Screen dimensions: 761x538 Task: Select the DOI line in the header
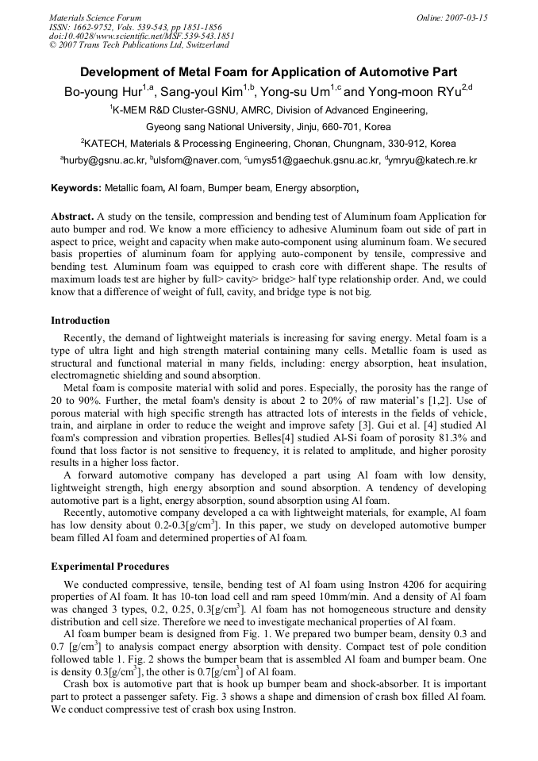[x=142, y=36]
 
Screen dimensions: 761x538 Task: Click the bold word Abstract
[x=72, y=217]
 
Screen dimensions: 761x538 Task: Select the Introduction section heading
[x=80, y=321]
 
